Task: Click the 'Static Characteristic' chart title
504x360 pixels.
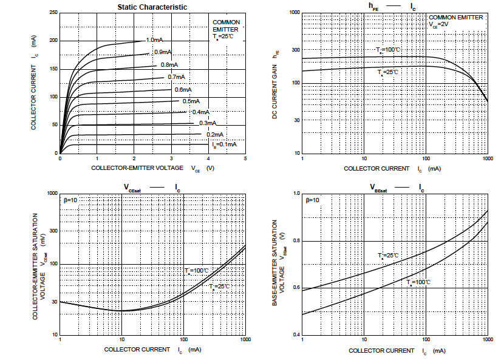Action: (x=152, y=7)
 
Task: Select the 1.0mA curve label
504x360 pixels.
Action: (x=155, y=40)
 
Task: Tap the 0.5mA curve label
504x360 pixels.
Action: (x=191, y=101)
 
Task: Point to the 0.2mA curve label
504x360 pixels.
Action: (x=214, y=134)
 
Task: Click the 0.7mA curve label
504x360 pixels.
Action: (x=177, y=77)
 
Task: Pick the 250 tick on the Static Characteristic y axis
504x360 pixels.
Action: (x=54, y=13)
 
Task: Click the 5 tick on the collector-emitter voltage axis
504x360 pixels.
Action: (x=245, y=158)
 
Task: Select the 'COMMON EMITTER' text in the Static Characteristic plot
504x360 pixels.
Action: (x=226, y=25)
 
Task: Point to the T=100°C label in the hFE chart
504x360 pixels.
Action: (x=387, y=50)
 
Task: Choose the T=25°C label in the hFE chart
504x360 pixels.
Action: (x=387, y=72)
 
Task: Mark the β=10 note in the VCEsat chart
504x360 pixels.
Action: (x=71, y=200)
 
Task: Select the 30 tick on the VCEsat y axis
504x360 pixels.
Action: (x=53, y=302)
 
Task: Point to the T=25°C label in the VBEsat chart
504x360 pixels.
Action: (x=388, y=256)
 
